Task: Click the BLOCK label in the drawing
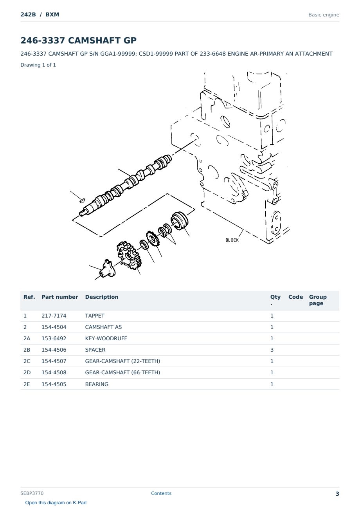(232, 240)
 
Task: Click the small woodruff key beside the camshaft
(82, 200)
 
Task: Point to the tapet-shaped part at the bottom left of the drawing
(108, 269)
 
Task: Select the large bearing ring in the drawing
(180, 221)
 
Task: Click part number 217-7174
(54, 316)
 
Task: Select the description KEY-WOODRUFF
(106, 338)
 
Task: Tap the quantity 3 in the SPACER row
(272, 350)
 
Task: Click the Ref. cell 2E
(27, 384)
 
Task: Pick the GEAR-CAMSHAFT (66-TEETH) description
(122, 372)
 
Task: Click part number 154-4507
(54, 361)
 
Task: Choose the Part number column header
(59, 297)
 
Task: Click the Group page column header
(318, 300)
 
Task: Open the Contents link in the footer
(161, 493)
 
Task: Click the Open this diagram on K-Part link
(56, 503)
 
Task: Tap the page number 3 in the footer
(337, 494)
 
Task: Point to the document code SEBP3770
(32, 493)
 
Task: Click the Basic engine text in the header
(324, 15)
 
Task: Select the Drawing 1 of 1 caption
(38, 65)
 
